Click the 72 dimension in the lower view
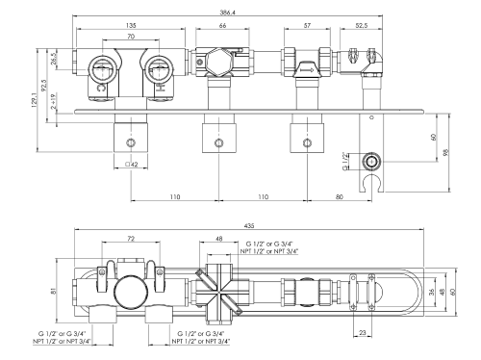click(129, 237)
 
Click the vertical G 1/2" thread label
click(346, 158)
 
